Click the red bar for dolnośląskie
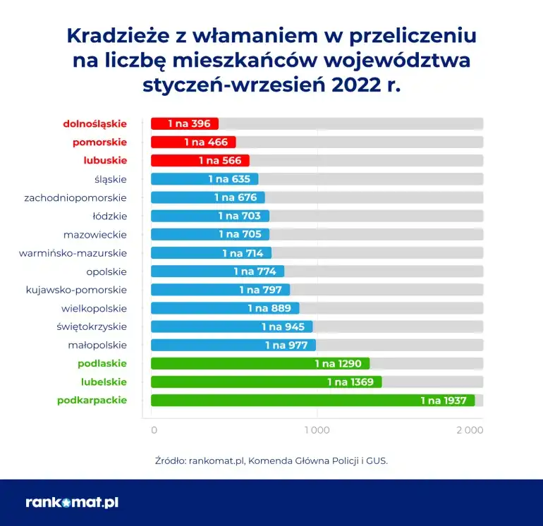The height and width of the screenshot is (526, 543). (x=185, y=123)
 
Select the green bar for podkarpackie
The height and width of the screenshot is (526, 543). (x=312, y=400)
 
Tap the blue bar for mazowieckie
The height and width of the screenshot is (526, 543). (x=210, y=234)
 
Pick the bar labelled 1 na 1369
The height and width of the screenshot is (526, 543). (x=267, y=382)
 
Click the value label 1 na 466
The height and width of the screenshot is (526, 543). (x=206, y=142)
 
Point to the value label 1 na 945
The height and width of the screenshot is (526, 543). (x=283, y=326)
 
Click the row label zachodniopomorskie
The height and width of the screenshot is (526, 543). (x=75, y=197)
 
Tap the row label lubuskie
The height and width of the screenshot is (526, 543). (x=105, y=160)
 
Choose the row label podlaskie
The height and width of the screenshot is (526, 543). (x=102, y=363)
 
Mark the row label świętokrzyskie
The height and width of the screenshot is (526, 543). (x=92, y=326)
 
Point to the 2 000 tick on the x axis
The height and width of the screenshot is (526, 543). (x=470, y=430)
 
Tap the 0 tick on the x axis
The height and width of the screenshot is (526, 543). (x=154, y=430)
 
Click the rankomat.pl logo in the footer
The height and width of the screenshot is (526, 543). (x=72, y=503)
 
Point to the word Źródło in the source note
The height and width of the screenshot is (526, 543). (x=171, y=460)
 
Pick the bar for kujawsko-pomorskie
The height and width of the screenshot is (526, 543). (x=220, y=289)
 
